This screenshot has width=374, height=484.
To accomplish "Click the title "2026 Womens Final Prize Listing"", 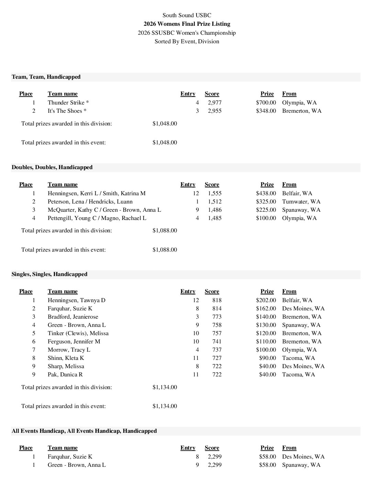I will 187,24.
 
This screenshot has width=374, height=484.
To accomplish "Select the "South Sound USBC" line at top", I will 187,15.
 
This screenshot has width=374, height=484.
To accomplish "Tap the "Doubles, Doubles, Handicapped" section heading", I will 52,167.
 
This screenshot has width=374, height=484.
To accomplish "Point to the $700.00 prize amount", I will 266,102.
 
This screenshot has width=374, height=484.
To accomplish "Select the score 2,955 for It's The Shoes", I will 214,111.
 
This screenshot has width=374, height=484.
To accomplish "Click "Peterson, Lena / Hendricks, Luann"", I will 90,201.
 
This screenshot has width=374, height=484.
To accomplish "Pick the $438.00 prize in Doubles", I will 266,193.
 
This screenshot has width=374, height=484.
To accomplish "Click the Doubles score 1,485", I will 214,218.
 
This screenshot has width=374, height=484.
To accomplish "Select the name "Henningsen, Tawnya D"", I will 77,300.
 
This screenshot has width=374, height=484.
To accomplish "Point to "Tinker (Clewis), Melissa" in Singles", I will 78,333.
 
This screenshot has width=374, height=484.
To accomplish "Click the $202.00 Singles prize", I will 266,300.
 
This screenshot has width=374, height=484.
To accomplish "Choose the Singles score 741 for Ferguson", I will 217,341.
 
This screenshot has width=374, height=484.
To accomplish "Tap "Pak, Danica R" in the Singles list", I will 65,374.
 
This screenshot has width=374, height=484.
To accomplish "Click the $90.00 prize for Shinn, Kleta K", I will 267,358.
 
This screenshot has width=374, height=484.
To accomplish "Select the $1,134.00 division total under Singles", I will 165,387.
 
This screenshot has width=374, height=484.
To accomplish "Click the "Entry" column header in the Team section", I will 188,94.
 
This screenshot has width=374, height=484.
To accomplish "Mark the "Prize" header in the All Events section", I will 267,448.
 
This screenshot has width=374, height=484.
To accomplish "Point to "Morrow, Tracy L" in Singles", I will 69,350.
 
